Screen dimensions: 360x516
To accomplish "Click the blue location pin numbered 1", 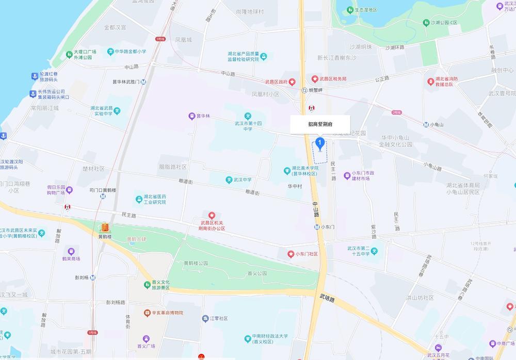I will [320, 143].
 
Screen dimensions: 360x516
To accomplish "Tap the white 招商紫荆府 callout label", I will [320, 124].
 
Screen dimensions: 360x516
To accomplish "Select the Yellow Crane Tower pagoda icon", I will [105, 227].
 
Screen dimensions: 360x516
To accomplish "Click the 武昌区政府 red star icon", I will [292, 81].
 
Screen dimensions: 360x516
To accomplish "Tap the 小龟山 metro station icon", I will [426, 124].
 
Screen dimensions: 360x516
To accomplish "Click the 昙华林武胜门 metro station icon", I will [143, 82].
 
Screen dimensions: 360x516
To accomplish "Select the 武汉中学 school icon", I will [229, 179].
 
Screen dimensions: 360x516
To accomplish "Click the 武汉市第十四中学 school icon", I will [247, 116].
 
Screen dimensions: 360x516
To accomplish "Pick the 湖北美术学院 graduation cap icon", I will [287, 171].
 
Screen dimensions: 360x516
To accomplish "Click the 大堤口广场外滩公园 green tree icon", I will [69, 54].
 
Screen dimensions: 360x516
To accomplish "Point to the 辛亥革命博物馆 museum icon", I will [147, 313].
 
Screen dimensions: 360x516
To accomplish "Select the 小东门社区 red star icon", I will [290, 254].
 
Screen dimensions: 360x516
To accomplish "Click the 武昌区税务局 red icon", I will [314, 78].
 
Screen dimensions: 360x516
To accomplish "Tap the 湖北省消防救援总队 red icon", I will [431, 81].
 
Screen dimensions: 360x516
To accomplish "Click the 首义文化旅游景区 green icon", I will [147, 285].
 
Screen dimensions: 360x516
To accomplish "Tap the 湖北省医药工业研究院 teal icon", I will [138, 199].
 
